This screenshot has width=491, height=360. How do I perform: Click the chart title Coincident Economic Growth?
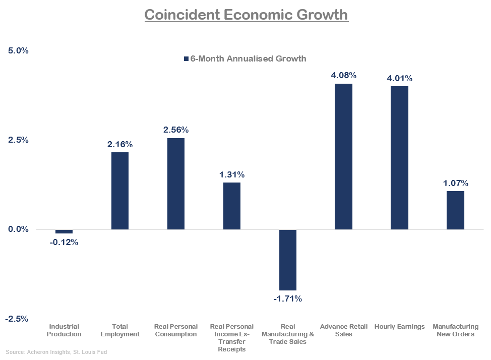pyautogui.click(x=246, y=15)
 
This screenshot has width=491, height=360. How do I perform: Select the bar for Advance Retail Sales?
pyautogui.click(x=344, y=156)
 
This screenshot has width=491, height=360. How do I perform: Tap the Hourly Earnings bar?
pyautogui.click(x=400, y=157)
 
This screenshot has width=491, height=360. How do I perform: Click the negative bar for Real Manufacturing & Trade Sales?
pyautogui.click(x=288, y=260)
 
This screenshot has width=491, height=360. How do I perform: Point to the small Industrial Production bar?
pyautogui.click(x=64, y=231)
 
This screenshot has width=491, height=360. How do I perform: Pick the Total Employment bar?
pyautogui.click(x=120, y=191)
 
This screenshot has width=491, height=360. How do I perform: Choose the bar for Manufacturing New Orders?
pyautogui.click(x=456, y=210)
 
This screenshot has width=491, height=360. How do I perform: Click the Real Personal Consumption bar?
pyautogui.click(x=176, y=184)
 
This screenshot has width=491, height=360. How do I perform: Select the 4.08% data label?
pyautogui.click(x=344, y=76)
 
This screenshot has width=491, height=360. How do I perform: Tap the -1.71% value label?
pyautogui.click(x=288, y=299)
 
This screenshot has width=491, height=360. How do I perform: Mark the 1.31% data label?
pyautogui.click(x=232, y=175)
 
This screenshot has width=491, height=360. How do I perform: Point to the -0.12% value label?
pyautogui.click(x=64, y=243)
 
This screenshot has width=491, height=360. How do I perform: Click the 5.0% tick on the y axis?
pyautogui.click(x=18, y=51)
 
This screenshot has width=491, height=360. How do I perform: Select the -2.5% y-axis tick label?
pyautogui.click(x=17, y=319)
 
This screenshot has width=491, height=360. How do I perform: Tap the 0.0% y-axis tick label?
pyautogui.click(x=18, y=229)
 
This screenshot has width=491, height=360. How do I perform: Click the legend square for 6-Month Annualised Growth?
pyautogui.click(x=186, y=59)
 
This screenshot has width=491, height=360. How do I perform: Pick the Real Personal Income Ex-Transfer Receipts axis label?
pyautogui.click(x=232, y=338)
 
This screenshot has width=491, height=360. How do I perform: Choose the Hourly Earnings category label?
pyautogui.click(x=400, y=327)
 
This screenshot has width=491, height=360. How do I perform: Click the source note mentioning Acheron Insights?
pyautogui.click(x=56, y=352)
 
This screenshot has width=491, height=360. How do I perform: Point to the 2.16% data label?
pyautogui.click(x=120, y=145)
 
